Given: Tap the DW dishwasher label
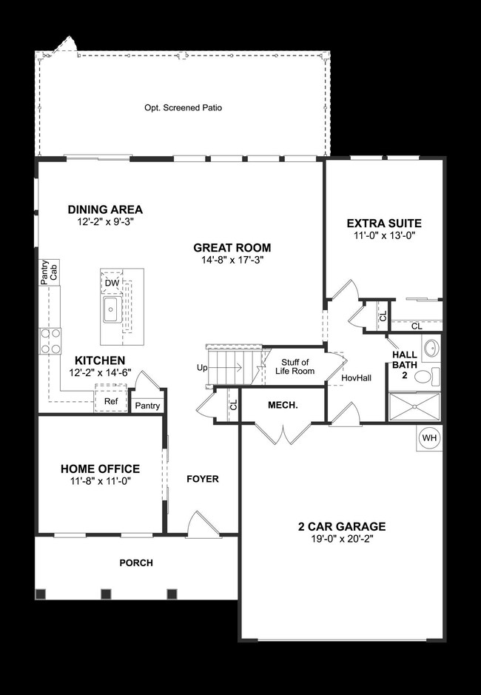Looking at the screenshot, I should pyautogui.click(x=112, y=283).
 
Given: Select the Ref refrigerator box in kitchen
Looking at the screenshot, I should pyautogui.click(x=110, y=401).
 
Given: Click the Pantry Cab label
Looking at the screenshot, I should pyautogui.click(x=49, y=269).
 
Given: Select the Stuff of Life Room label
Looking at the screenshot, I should pyautogui.click(x=294, y=366).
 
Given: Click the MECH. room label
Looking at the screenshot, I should pyautogui.click(x=282, y=405).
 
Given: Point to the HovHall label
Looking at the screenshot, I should pyautogui.click(x=356, y=377).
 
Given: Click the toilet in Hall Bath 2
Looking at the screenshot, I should pyautogui.click(x=424, y=377).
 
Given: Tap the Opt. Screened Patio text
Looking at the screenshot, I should pyautogui.click(x=183, y=107).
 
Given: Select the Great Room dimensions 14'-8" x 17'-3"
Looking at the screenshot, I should pyautogui.click(x=232, y=261).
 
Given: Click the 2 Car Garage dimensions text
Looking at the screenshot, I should pyautogui.click(x=341, y=540).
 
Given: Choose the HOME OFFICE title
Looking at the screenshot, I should pyautogui.click(x=100, y=469).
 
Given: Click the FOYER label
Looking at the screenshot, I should pyautogui.click(x=202, y=479).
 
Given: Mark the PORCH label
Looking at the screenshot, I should pyautogui.click(x=136, y=563).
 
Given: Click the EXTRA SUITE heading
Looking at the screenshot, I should pyautogui.click(x=384, y=223).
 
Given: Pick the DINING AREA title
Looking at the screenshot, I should pyautogui.click(x=105, y=209).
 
